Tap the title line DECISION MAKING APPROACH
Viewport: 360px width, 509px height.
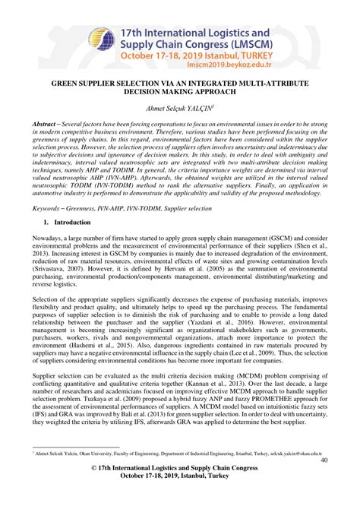(x=180, y=90)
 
